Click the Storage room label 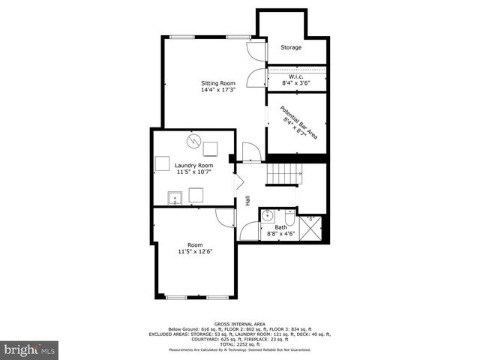[291, 47]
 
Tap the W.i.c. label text [295, 76]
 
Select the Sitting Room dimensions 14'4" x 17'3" [217, 90]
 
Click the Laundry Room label [193, 165]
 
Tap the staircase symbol [285, 173]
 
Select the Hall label [247, 201]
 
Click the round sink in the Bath [268, 216]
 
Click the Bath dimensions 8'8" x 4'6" [281, 233]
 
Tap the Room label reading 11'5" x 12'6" [195, 252]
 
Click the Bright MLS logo [30, 349]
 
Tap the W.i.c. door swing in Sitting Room [257, 79]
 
